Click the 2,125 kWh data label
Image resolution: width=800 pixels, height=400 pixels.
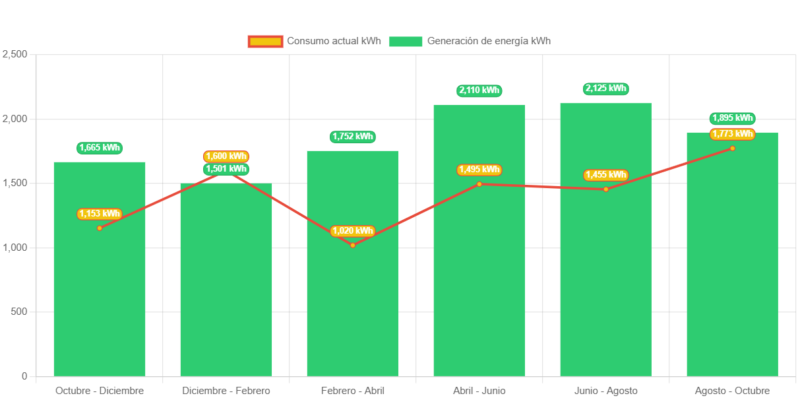pos(605,88)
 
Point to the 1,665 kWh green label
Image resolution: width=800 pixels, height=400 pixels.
pos(100,148)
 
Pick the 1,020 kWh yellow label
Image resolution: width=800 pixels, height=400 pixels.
pos(353,231)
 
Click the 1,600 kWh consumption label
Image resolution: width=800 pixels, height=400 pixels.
pos(226,156)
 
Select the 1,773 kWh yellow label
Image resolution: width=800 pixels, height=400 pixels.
pos(732,134)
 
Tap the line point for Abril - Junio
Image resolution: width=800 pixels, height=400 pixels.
pos(479,184)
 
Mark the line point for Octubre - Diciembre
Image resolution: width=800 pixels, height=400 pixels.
pos(100,228)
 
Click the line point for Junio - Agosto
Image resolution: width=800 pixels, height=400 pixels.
pos(605,189)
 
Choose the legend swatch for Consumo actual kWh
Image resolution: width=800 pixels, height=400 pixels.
pos(265,42)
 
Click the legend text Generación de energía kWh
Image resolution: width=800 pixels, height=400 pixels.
pos(489,41)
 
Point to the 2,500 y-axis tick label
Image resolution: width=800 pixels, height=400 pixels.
pos(15,54)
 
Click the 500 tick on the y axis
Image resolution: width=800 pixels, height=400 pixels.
pos(19,312)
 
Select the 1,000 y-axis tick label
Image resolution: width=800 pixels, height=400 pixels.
pos(15,248)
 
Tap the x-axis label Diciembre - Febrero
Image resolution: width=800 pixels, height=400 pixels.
pos(226,391)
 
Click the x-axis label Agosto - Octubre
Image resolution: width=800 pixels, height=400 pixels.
pos(732,391)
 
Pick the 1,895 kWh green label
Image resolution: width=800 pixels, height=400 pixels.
pos(732,118)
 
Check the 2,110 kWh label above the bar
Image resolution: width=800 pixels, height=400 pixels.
pos(479,90)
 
